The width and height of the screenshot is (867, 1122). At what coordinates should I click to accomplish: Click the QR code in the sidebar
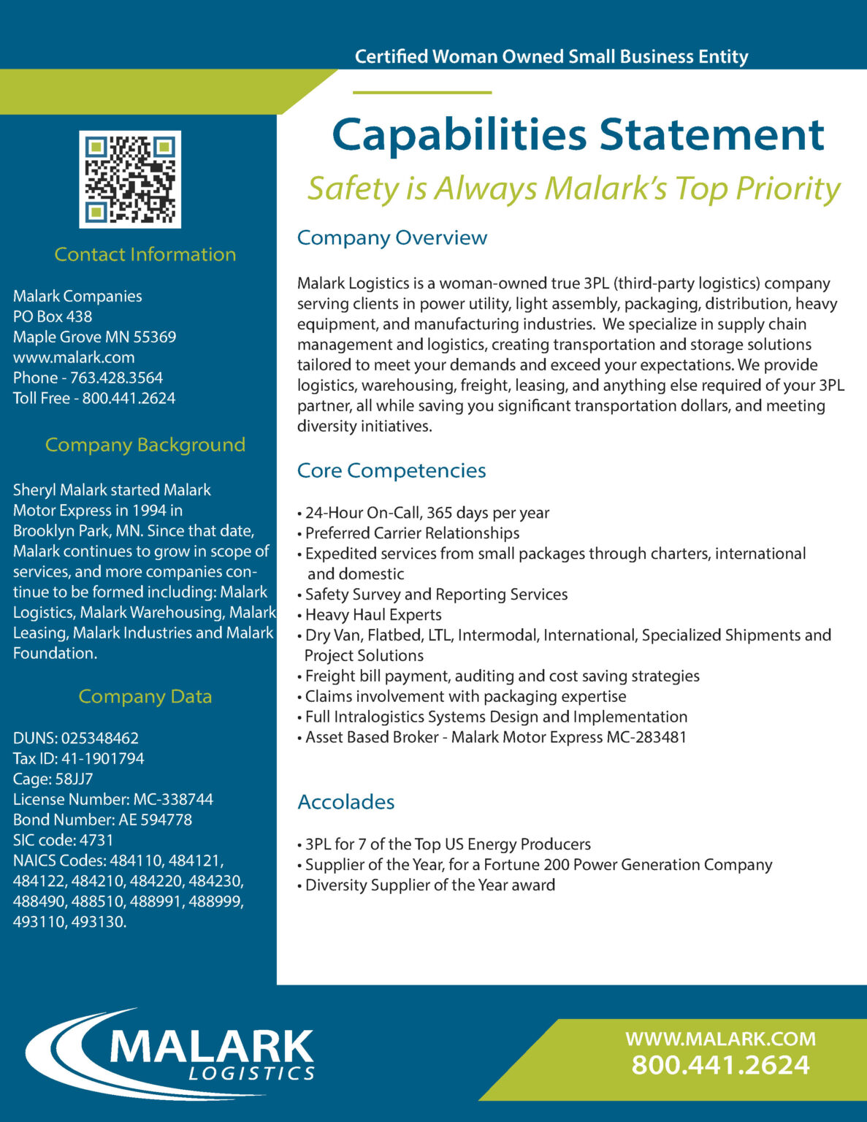tap(130, 179)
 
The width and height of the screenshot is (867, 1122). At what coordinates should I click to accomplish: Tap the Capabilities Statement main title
tap(578, 135)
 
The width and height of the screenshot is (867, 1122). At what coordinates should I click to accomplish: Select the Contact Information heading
tap(145, 254)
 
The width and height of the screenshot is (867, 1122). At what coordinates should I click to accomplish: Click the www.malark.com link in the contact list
tap(74, 357)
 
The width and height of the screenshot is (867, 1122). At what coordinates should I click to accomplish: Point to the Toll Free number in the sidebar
tap(94, 398)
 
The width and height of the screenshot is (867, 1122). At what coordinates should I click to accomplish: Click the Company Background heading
tap(145, 445)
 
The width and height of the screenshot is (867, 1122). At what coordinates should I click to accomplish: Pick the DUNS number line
tap(76, 738)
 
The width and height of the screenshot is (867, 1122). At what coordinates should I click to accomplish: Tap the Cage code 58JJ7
tap(53, 779)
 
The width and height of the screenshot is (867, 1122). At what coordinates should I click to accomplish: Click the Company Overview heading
tap(392, 237)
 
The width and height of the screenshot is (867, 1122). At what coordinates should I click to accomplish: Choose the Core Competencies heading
tap(392, 470)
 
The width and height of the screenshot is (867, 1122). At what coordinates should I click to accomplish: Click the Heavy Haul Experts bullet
tap(373, 615)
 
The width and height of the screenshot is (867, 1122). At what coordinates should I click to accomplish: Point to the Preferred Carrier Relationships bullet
tap(412, 533)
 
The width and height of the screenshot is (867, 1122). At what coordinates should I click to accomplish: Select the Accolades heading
tap(346, 802)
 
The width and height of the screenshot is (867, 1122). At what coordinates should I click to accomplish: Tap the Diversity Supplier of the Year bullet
tap(429, 885)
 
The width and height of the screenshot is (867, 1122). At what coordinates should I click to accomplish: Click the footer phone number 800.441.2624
tap(720, 1065)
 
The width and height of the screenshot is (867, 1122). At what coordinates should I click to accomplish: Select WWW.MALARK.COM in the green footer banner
tap(720, 1039)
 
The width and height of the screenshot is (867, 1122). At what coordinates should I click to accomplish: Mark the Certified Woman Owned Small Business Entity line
tap(551, 57)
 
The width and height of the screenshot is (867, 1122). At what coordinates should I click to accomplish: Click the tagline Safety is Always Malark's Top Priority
tap(573, 188)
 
